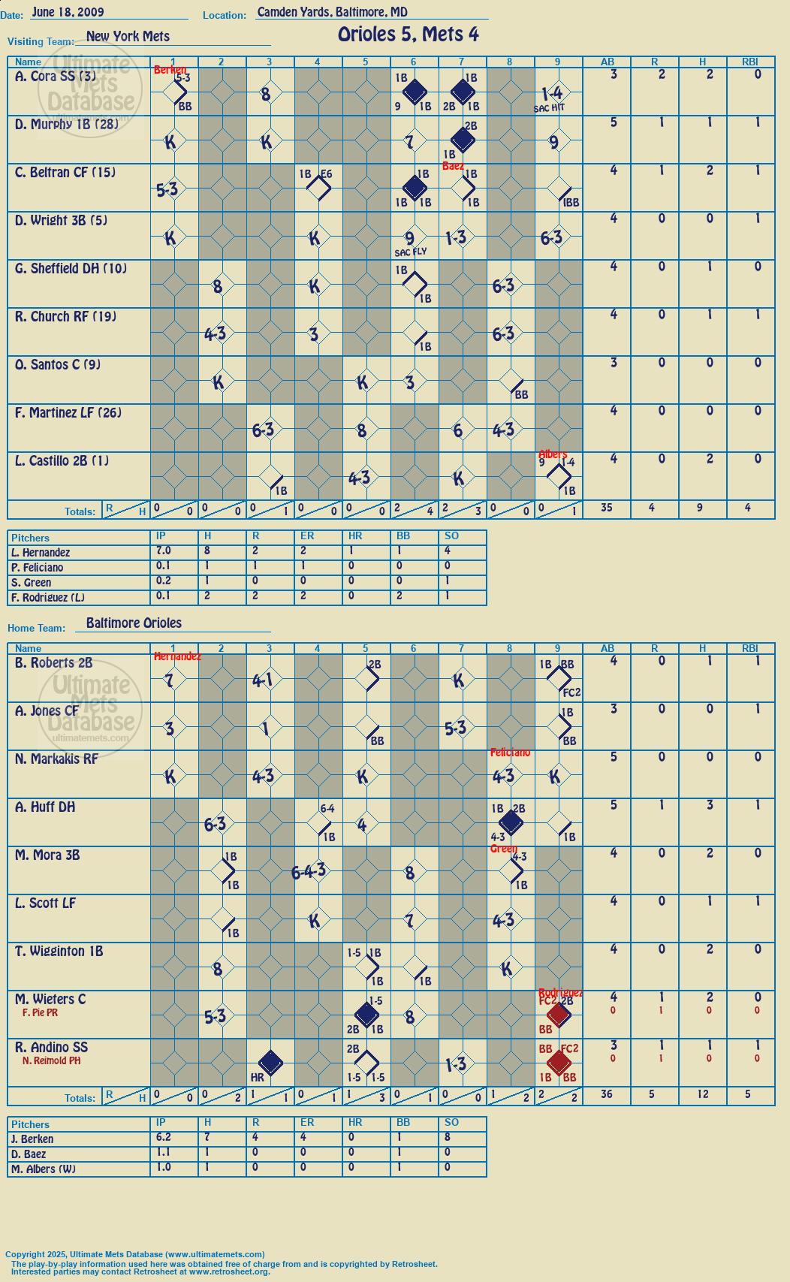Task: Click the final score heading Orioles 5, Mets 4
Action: tap(409, 35)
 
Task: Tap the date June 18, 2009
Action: tap(68, 12)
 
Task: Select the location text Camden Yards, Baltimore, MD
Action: tap(332, 12)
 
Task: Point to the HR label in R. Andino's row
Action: tap(257, 1077)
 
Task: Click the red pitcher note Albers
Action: tap(553, 454)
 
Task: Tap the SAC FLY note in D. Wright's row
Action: tap(411, 252)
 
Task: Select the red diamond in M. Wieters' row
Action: tap(557, 1015)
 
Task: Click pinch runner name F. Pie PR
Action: tap(40, 1012)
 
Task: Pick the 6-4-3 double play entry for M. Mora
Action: tap(309, 871)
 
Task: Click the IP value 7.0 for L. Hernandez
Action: tap(164, 550)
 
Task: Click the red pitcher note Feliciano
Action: tap(509, 752)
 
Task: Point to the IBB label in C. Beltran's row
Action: tap(571, 203)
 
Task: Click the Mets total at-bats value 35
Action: tap(606, 507)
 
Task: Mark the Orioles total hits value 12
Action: tap(702, 1093)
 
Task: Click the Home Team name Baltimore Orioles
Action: tap(134, 623)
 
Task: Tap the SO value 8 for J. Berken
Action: tap(447, 1138)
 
